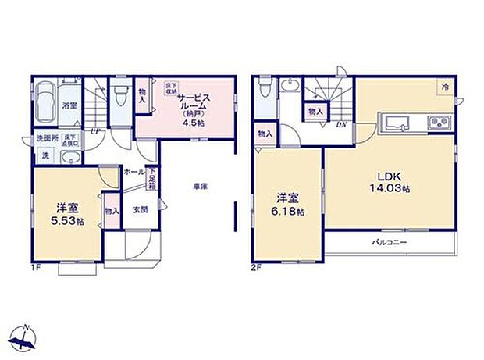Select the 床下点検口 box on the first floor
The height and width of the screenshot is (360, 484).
(69, 141)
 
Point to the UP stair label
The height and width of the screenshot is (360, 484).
(94, 131)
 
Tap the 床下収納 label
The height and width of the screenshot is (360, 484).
(170, 91)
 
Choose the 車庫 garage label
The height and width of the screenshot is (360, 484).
(201, 187)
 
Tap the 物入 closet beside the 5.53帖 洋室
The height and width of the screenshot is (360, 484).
(111, 210)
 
